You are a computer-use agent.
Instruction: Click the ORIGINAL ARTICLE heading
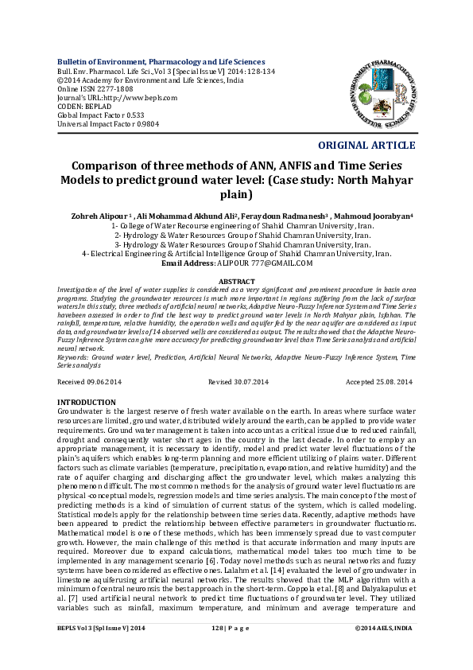tap(366, 145)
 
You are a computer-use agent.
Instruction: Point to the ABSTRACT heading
tap(236, 282)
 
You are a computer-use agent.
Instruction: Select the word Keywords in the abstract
tap(72, 357)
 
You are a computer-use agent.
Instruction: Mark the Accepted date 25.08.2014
tap(390, 382)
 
